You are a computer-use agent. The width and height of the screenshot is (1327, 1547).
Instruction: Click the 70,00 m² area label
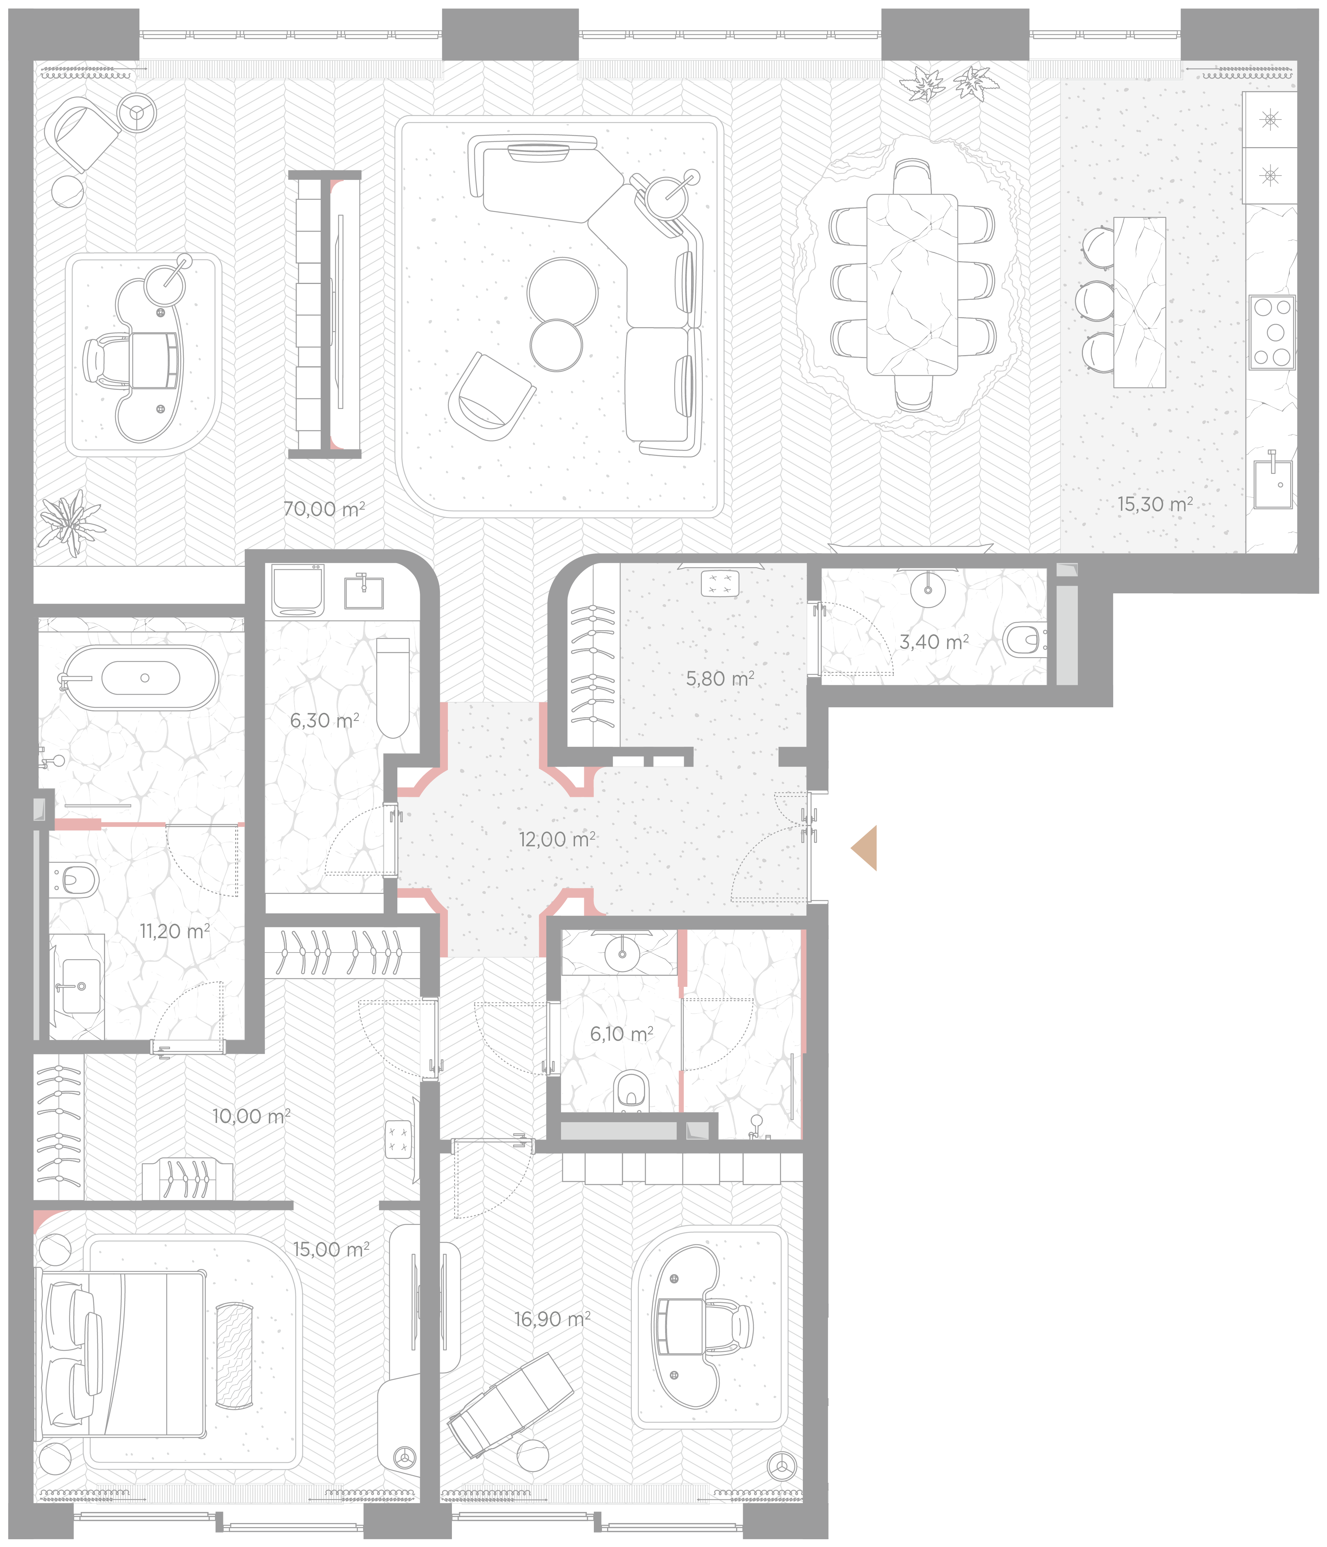pos(324,509)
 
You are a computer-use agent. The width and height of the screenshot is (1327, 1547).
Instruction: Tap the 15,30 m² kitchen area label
pos(1154,505)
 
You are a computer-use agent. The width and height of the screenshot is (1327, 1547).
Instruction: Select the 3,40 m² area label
pos(934,642)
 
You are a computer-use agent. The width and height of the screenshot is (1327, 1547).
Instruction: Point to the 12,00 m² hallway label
pos(557,839)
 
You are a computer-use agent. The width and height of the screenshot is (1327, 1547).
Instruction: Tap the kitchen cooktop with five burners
pos(1272,332)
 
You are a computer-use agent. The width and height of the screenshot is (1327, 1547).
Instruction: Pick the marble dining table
pos(912,284)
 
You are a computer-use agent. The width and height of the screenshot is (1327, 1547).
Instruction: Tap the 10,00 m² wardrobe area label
pos(251,1116)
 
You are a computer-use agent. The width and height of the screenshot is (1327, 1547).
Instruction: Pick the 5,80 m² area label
pos(720,679)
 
